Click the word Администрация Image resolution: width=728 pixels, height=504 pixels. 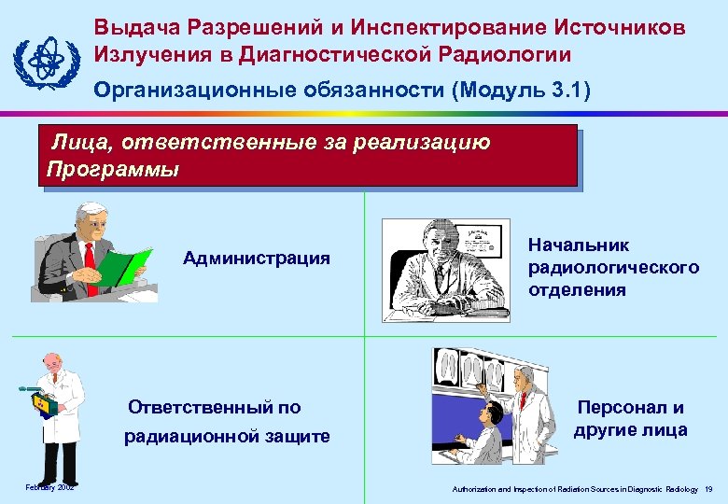(x=257, y=259)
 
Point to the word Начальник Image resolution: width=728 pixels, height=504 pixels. (x=579, y=245)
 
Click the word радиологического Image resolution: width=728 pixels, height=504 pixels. (x=613, y=268)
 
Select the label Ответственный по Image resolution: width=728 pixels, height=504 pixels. (x=215, y=407)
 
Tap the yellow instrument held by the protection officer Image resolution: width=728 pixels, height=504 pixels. (x=44, y=405)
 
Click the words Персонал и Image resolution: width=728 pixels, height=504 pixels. (x=630, y=408)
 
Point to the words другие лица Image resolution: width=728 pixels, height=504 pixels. (x=631, y=430)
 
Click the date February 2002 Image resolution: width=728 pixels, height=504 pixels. (x=50, y=487)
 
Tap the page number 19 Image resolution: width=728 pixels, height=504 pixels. (x=709, y=489)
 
